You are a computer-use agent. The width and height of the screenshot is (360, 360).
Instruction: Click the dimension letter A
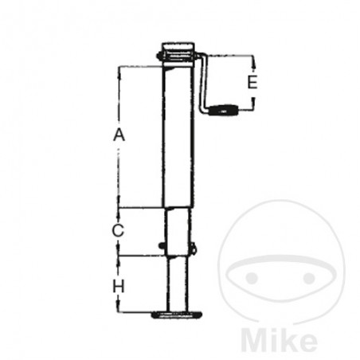[x=119, y=135]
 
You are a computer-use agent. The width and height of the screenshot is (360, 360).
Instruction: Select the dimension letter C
[x=118, y=231]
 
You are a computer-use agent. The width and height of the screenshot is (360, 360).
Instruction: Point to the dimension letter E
[x=252, y=82]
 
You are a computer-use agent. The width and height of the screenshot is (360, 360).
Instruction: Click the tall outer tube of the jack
[x=176, y=135]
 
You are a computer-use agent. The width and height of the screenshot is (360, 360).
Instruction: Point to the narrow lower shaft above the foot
[x=176, y=283]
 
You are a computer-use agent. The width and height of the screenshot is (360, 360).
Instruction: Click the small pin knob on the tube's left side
[x=162, y=245]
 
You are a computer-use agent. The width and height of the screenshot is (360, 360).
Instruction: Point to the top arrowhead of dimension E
[x=252, y=60]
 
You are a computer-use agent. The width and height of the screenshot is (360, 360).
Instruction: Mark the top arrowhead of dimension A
[x=119, y=68]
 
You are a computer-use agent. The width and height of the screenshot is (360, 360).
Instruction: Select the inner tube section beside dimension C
[x=177, y=231]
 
